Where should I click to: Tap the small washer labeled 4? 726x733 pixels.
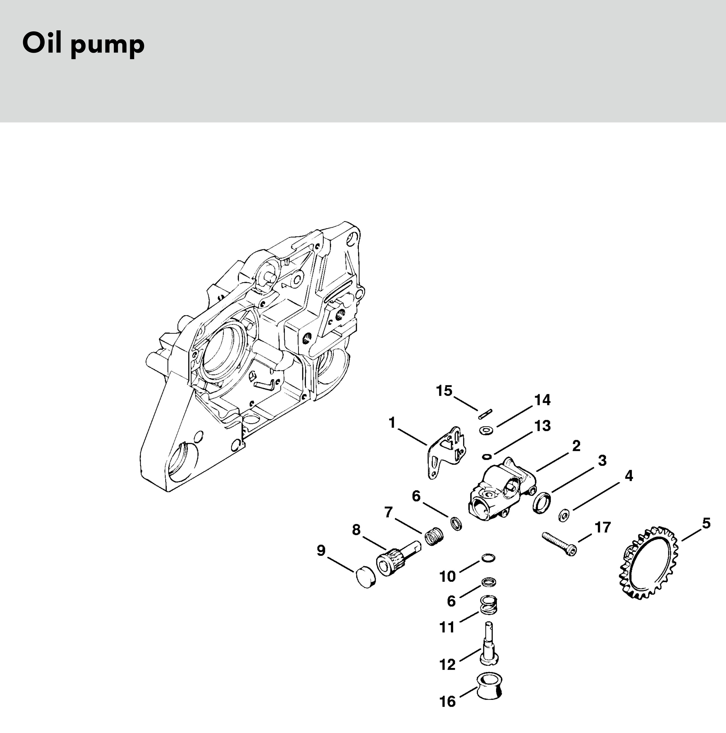(564, 515)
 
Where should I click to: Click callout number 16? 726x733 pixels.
(448, 702)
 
